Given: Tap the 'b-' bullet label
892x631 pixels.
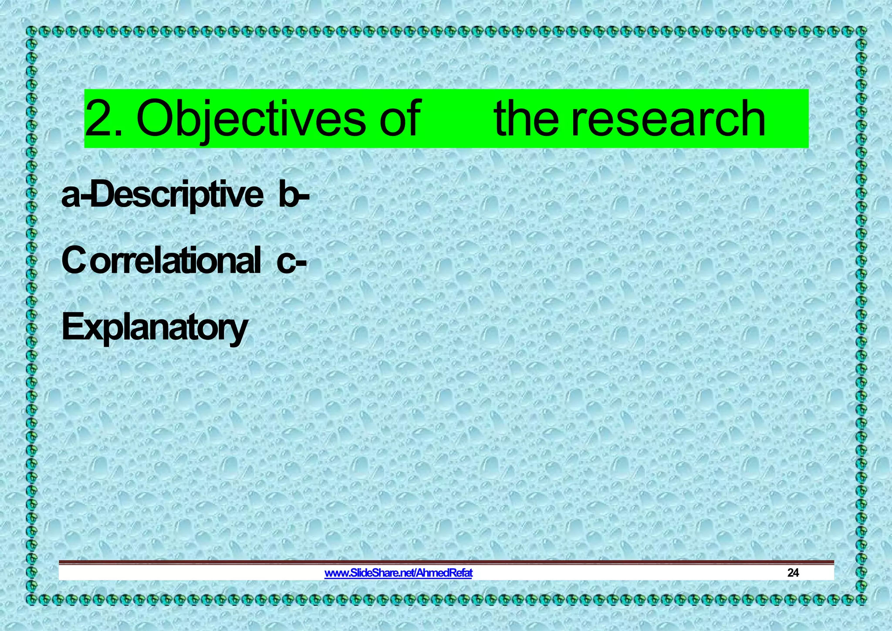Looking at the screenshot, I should tap(294, 195).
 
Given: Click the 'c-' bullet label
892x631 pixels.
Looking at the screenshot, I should tap(291, 261).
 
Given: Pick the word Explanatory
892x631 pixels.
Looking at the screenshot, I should tap(155, 328).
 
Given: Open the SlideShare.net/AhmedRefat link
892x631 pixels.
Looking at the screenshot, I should tap(398, 573).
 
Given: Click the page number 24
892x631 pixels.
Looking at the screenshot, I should tap(793, 573).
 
